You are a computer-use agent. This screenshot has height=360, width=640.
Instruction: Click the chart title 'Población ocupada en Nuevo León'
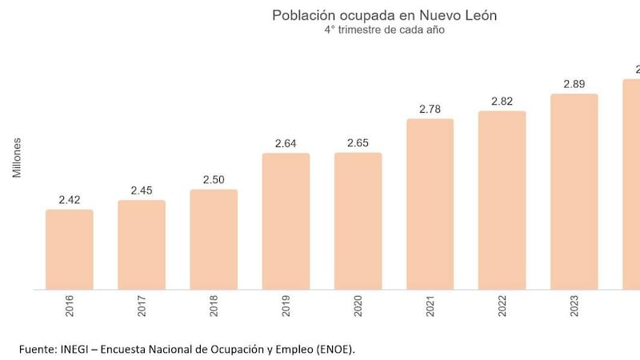pos(378,15)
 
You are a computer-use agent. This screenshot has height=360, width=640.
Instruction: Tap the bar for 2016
pos(70,250)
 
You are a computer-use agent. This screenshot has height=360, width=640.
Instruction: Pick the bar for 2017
pos(142,245)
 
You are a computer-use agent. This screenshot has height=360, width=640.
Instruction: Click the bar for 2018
pos(214,239)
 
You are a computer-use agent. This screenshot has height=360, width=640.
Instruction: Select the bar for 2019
pos(286,221)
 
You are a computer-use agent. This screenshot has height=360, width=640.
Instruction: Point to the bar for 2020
pos(358,221)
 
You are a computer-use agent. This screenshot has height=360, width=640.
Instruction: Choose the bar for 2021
pos(430,204)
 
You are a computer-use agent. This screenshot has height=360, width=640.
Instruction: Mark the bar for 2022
pos(502,200)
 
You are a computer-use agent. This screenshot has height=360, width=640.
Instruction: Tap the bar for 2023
pos(574,192)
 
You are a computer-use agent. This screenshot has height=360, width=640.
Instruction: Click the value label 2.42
pos(70,199)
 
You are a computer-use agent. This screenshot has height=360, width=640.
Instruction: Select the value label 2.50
pos(214,179)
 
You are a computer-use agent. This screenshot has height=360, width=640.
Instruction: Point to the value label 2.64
pos(286,143)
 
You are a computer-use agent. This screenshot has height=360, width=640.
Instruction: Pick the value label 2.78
pos(430,109)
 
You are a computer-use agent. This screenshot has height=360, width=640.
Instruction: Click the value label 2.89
pos(574,84)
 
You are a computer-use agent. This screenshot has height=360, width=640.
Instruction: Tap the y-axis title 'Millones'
pos(17,158)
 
